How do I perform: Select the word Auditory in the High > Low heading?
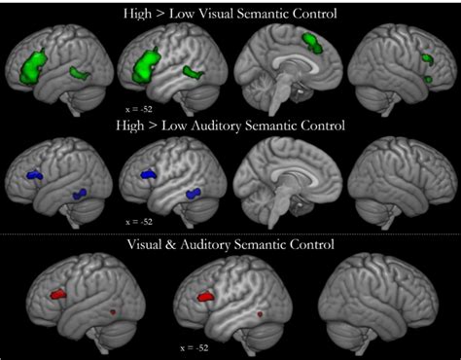click(224, 126)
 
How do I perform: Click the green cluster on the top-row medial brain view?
click(313, 42)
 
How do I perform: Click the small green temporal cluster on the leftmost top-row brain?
click(79, 72)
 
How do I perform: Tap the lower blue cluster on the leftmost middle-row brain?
click(80, 194)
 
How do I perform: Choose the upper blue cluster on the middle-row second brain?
click(149, 173)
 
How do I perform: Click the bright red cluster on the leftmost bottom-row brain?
click(59, 291)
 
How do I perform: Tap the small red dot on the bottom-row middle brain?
click(260, 314)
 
